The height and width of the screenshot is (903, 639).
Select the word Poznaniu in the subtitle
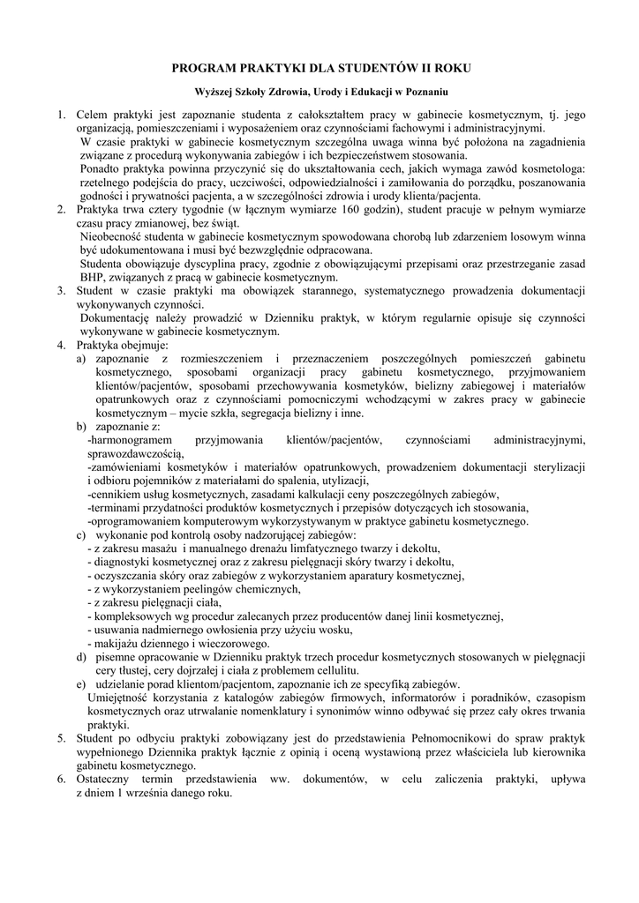tap(425, 92)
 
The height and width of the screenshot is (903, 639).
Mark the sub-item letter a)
tap(81, 360)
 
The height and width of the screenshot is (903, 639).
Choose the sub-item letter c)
tap(81, 534)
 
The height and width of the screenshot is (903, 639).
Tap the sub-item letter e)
tap(81, 683)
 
